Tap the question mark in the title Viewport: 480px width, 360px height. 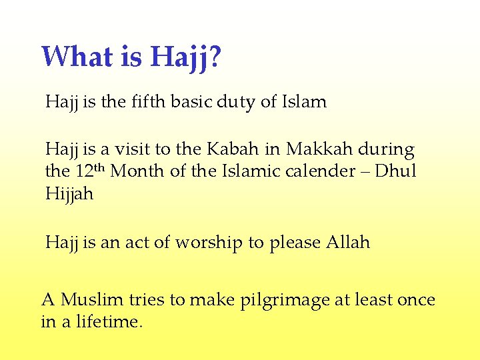click(215, 57)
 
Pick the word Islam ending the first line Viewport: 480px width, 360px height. click(304, 102)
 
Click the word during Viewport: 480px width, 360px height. click(387, 150)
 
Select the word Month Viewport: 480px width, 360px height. click(139, 171)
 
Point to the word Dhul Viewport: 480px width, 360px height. click(395, 171)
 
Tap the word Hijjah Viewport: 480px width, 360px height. click(69, 194)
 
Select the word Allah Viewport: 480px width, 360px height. click(347, 243)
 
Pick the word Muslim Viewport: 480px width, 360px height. click(91, 300)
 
